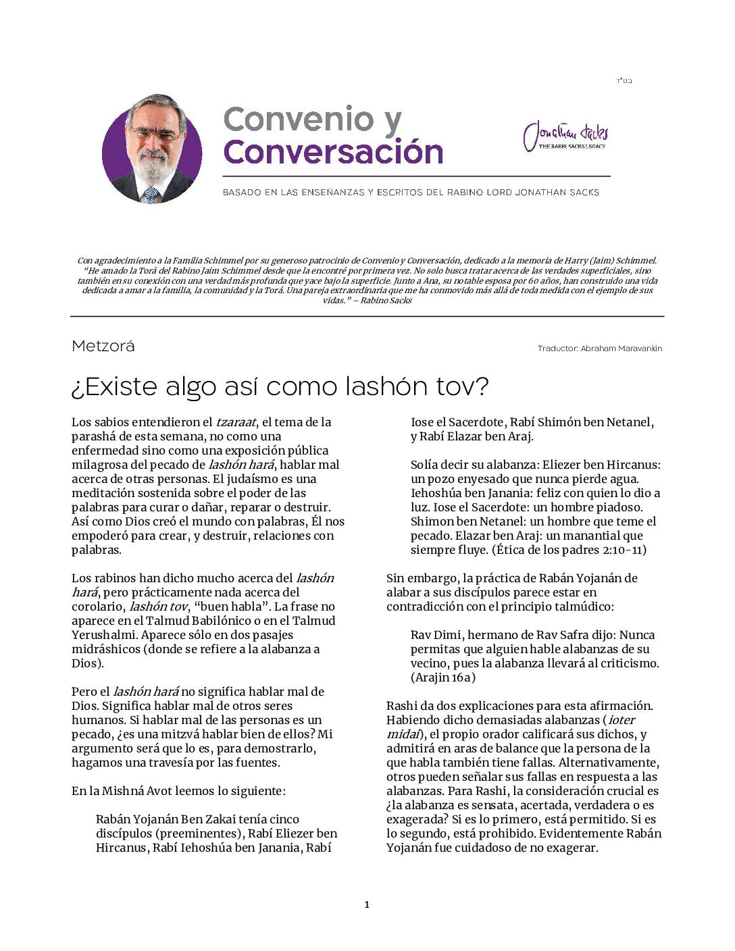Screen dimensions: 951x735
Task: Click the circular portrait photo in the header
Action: click(152, 149)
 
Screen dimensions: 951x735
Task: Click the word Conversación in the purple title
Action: click(333, 151)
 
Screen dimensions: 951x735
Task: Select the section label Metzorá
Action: click(103, 346)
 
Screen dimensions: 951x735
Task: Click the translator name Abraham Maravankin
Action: click(621, 349)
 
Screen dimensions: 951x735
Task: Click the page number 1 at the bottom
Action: click(367, 905)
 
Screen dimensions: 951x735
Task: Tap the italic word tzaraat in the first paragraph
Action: click(236, 422)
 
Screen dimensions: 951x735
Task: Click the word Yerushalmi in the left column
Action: click(101, 635)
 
